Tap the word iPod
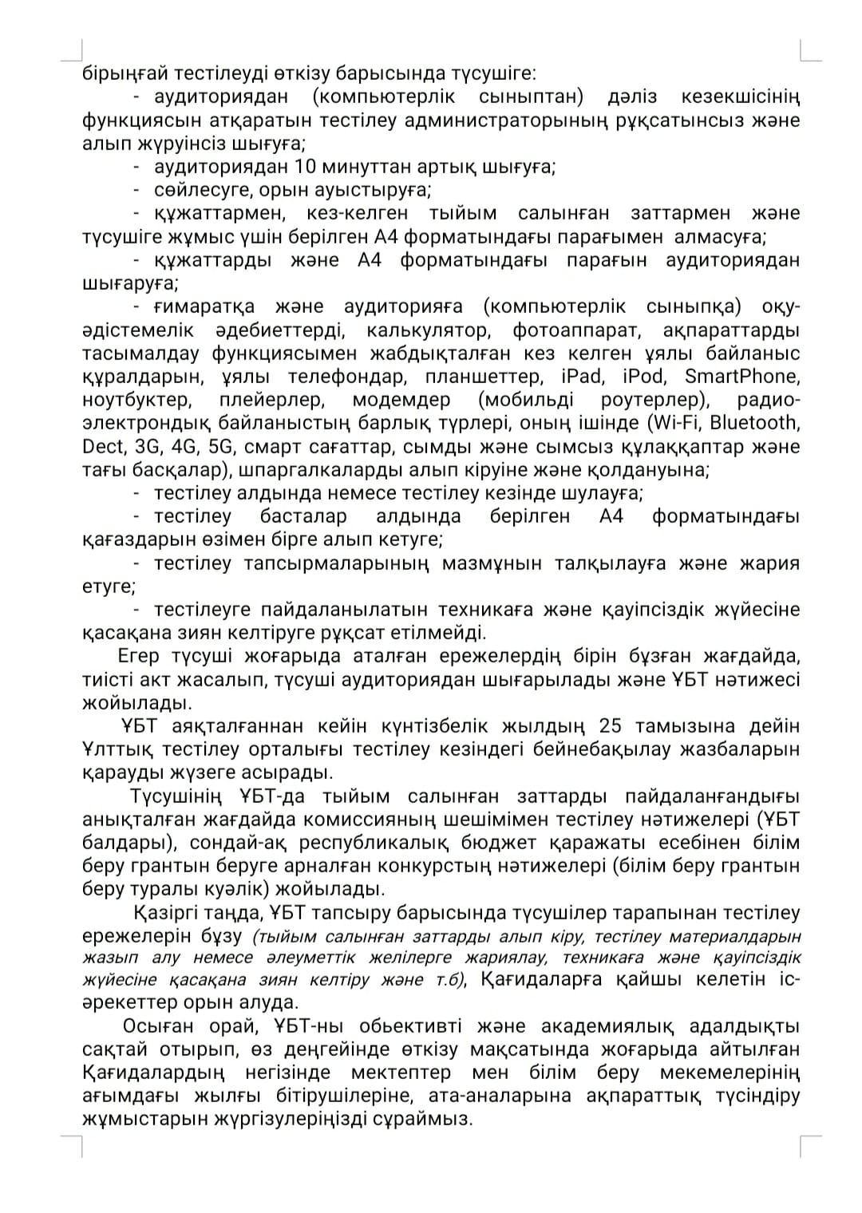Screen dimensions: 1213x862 pyautogui.click(x=639, y=377)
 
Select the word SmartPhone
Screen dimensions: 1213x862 pyautogui.click(x=741, y=377)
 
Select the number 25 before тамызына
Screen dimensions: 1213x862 pyautogui.click(x=609, y=726)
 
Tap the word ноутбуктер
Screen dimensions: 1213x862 pyautogui.click(x=136, y=400)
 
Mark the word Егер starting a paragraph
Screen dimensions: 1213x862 pyautogui.click(x=139, y=656)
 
